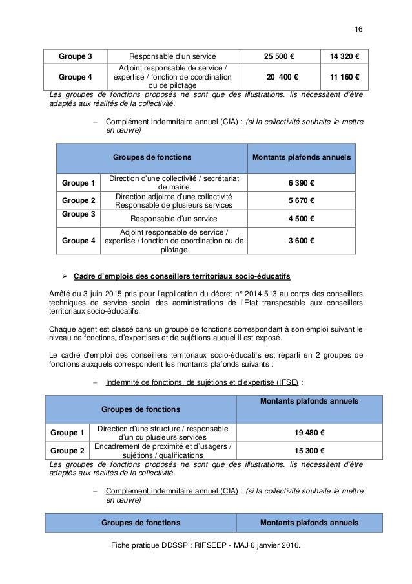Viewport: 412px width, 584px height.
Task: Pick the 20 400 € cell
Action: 278,77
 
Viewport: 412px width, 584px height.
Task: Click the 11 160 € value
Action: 340,77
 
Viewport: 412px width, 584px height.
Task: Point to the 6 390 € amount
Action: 301,183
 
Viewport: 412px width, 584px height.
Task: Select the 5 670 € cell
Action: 301,201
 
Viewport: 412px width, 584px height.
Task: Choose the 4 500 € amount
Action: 301,219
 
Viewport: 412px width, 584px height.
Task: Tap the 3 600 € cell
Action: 301,241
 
